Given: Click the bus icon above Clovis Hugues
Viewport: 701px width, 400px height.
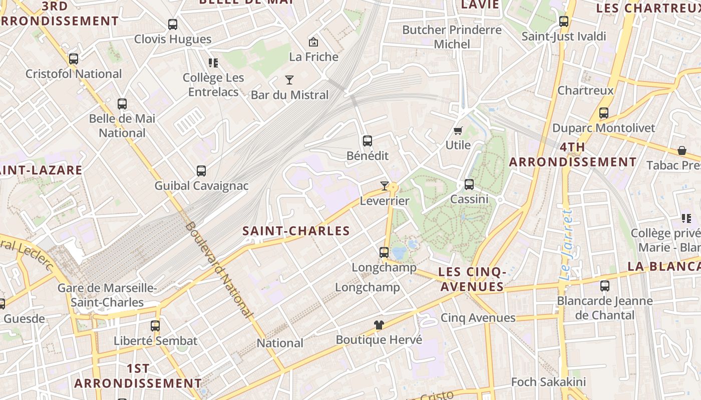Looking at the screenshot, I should (173, 24).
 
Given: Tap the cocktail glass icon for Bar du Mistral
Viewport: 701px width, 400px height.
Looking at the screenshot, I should (289, 80).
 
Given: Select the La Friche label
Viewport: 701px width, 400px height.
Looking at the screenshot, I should (314, 57).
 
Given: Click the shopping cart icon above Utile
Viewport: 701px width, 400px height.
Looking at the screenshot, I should (458, 131).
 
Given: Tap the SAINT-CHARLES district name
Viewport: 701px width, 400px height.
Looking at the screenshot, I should (296, 231).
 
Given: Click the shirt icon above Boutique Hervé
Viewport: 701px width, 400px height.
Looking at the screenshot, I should (379, 325).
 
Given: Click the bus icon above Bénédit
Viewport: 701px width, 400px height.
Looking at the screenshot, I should (368, 141).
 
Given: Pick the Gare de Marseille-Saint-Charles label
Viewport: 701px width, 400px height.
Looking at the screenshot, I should (107, 295).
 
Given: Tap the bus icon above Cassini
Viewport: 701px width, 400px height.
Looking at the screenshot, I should (469, 184).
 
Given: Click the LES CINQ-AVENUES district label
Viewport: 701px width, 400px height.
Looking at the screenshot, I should (472, 279).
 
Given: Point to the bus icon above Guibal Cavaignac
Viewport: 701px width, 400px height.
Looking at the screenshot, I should (201, 171).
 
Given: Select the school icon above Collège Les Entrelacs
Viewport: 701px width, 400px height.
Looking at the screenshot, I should (213, 63).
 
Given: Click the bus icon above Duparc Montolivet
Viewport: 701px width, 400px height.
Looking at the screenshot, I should (604, 113).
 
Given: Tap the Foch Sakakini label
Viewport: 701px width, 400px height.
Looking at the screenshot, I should (548, 382).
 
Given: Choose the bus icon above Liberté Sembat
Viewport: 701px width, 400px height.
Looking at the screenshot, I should (155, 326).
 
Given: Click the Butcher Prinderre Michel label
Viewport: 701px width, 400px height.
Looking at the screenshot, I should (452, 37).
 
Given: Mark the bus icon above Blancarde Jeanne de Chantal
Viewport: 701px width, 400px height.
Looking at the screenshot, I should (605, 286).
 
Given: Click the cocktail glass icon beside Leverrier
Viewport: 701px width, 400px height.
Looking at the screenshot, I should (384, 186).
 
